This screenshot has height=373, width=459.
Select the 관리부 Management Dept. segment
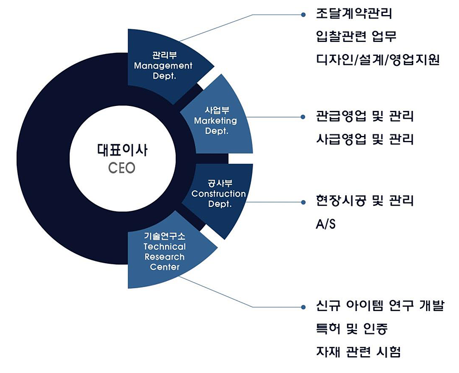tap(163, 66)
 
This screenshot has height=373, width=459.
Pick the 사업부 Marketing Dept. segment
tap(216, 120)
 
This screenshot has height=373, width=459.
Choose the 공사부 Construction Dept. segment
tap(219, 194)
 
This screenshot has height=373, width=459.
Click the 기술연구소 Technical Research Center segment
tap(165, 251)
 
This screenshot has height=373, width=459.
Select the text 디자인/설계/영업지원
tap(378, 60)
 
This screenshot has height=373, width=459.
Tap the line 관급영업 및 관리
tap(365, 117)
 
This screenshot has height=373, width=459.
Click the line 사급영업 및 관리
tap(365, 139)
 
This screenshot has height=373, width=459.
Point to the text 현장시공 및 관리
tap(365, 201)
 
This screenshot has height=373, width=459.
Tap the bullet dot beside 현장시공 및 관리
tap(303, 201)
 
